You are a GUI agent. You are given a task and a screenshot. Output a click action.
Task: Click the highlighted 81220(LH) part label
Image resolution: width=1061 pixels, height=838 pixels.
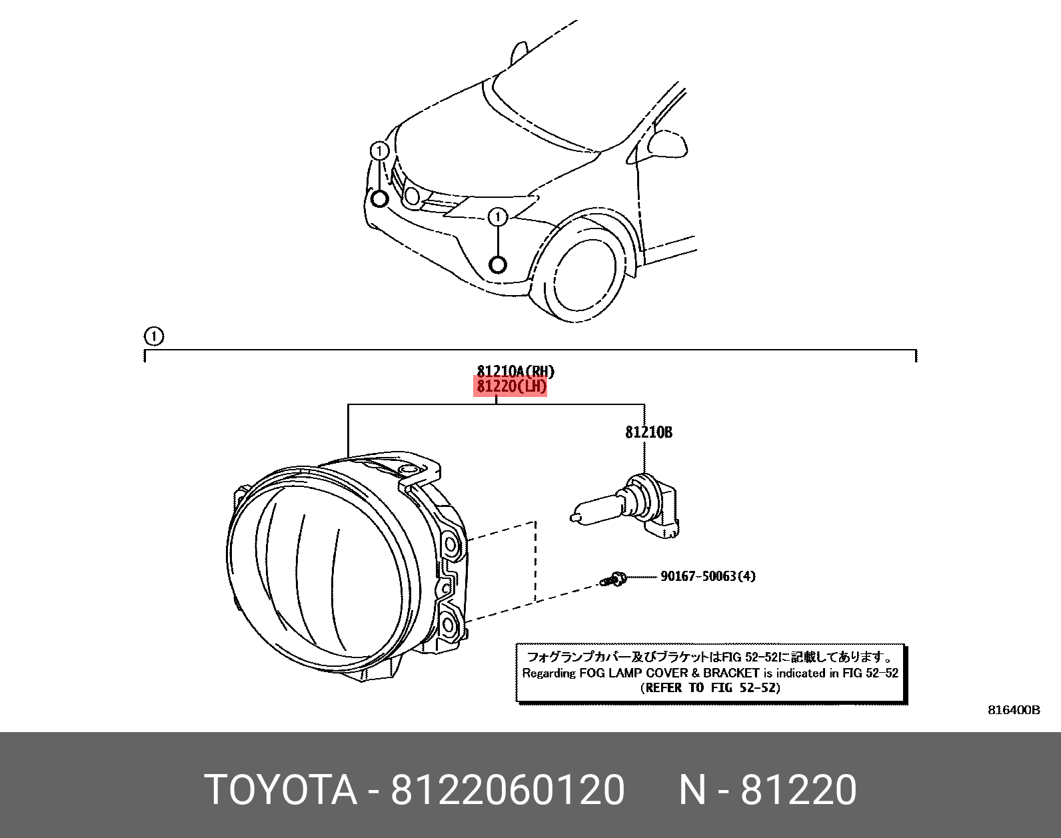pyautogui.click(x=510, y=387)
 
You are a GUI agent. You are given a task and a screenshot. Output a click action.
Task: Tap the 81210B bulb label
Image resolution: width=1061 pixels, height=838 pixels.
pyautogui.click(x=648, y=432)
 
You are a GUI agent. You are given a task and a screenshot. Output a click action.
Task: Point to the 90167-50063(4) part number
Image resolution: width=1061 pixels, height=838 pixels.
pyautogui.click(x=708, y=576)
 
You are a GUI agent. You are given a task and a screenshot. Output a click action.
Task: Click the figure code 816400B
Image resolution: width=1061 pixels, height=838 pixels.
pyautogui.click(x=1013, y=710)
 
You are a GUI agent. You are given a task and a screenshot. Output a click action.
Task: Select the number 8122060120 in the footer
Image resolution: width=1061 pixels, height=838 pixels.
pyautogui.click(x=507, y=791)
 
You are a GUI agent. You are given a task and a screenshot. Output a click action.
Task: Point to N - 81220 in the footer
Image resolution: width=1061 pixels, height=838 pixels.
pyautogui.click(x=767, y=791)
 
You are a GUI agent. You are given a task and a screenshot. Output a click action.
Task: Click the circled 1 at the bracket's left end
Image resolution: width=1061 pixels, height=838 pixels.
pyautogui.click(x=154, y=336)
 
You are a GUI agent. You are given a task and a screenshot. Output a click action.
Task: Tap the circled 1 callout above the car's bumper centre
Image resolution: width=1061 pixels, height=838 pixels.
pyautogui.click(x=498, y=217)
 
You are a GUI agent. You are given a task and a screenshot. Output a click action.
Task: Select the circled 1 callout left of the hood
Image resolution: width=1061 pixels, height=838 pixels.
pyautogui.click(x=379, y=151)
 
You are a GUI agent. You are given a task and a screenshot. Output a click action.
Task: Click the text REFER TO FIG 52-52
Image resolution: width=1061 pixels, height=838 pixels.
pyautogui.click(x=710, y=688)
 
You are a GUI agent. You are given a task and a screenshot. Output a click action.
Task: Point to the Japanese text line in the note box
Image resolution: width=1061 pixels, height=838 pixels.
pyautogui.click(x=710, y=657)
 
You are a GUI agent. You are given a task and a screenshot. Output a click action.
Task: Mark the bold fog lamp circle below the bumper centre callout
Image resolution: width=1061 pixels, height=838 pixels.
pyautogui.click(x=498, y=265)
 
